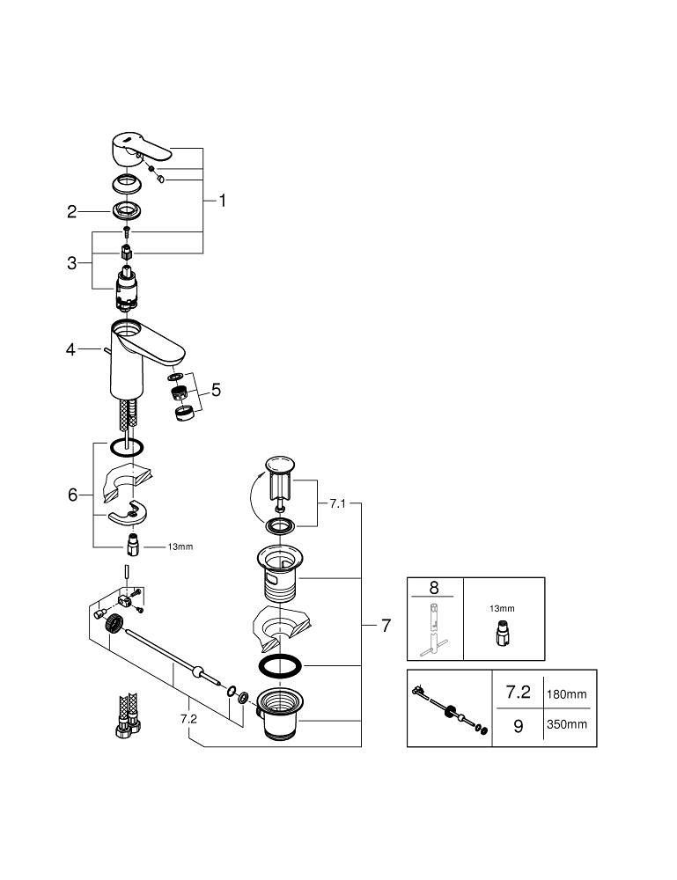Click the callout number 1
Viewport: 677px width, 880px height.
click(223, 201)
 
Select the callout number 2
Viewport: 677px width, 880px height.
click(72, 211)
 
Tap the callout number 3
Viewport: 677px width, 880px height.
click(72, 262)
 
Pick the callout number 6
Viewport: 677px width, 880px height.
click(72, 495)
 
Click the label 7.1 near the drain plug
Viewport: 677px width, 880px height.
click(339, 504)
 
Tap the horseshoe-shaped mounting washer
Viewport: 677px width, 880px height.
click(127, 516)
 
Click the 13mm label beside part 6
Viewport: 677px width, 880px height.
click(180, 546)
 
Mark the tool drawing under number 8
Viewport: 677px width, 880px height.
click(433, 626)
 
